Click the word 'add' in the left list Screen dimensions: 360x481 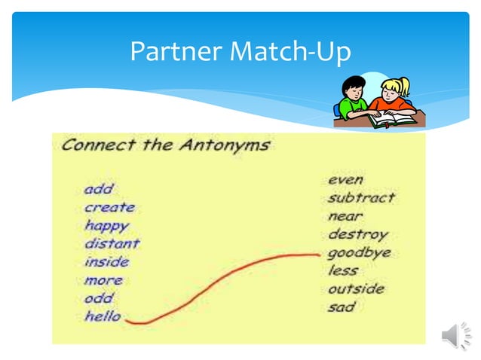[98, 189]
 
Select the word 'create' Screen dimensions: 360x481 [109, 207]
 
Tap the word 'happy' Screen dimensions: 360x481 [106, 226]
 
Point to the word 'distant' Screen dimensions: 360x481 [112, 243]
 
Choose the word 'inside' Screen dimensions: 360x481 [106, 262]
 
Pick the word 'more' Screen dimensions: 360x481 [103, 280]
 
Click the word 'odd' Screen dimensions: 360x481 [98, 298]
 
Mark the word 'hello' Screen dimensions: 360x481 [103, 316]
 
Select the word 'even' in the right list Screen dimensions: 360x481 [345, 179]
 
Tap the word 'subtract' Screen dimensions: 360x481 [361, 198]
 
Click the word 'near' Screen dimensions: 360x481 [345, 216]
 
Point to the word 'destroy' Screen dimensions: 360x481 [357, 234]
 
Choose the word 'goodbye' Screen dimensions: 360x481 [359, 253]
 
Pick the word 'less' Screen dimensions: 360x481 [343, 270]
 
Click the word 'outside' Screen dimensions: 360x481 [356, 288]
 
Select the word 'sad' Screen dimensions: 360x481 [342, 307]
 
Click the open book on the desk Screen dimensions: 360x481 [391, 117]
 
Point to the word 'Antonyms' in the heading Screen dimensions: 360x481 [224, 145]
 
